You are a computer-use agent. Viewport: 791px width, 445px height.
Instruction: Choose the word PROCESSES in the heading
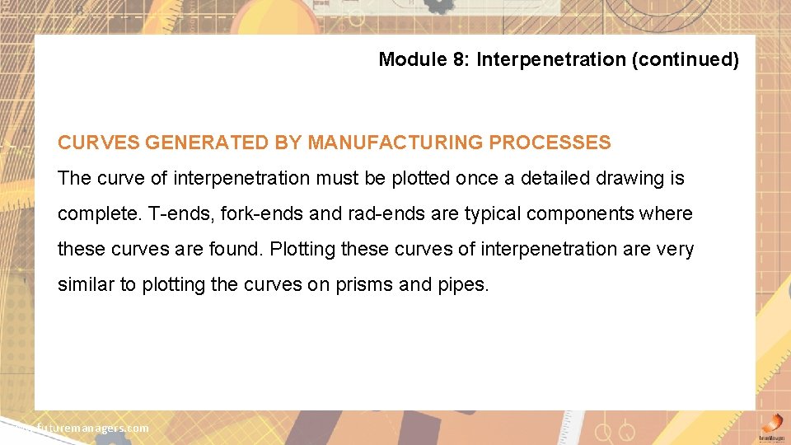(x=550, y=143)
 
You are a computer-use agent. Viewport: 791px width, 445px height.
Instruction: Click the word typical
(x=493, y=213)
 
